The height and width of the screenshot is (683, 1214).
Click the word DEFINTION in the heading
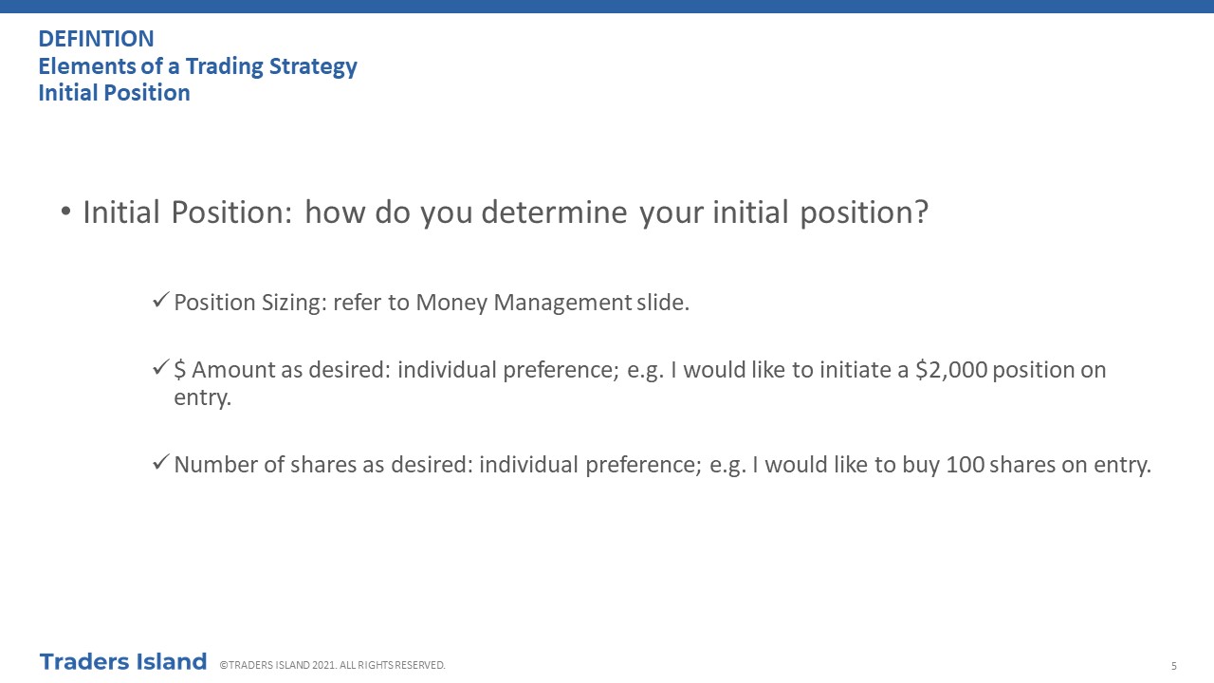[97, 39]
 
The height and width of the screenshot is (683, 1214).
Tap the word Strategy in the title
[313, 67]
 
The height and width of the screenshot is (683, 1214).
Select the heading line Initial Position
[115, 93]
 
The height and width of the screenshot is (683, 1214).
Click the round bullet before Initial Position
[66, 212]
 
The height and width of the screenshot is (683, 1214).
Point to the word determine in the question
[554, 212]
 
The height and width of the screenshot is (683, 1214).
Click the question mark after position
[921, 212]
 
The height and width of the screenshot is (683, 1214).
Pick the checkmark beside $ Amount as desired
[161, 367]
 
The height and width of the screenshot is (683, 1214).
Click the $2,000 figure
[951, 370]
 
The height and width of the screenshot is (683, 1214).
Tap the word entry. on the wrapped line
[203, 397]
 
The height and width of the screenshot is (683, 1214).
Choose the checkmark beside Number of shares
[161, 462]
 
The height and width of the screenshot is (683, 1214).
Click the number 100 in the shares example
[965, 465]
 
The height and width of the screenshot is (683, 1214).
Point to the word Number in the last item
[215, 465]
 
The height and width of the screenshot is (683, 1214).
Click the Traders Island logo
[123, 662]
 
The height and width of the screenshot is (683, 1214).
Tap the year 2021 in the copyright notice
[323, 665]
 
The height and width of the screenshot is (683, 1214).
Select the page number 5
[1174, 666]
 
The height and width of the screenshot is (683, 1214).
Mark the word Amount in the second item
[233, 370]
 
